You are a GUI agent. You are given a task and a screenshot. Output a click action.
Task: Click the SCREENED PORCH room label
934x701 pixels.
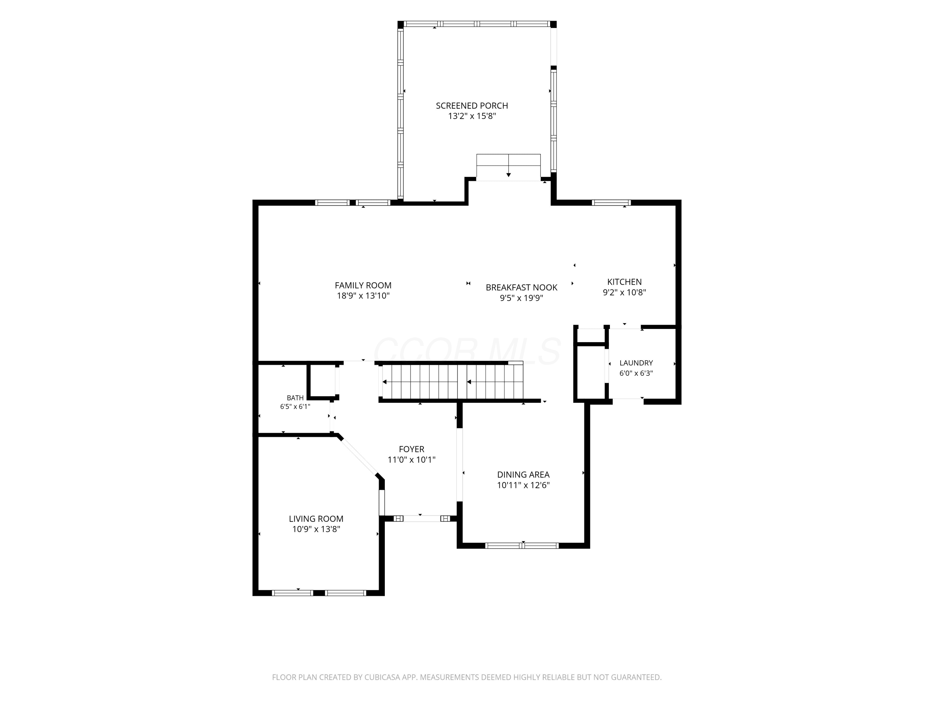tap(472, 106)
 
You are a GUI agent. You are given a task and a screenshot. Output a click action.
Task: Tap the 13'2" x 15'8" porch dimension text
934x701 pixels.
tap(472, 116)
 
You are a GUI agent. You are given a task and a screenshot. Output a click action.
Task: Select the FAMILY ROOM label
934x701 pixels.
tap(363, 286)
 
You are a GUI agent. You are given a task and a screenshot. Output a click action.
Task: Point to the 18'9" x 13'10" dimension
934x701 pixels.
tap(363, 296)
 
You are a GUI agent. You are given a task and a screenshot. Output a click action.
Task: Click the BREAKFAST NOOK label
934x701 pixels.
tap(521, 288)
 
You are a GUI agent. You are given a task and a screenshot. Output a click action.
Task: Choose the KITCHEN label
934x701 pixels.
tap(625, 282)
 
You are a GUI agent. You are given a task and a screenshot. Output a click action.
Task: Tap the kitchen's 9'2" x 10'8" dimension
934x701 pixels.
tap(625, 293)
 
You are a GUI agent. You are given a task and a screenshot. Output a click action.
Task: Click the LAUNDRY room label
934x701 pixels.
tap(636, 363)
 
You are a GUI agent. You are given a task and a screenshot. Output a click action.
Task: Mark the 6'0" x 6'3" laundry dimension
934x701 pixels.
tap(636, 374)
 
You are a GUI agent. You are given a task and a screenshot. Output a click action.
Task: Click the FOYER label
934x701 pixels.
tap(411, 449)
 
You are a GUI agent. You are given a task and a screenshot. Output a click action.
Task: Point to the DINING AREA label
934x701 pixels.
tap(523, 475)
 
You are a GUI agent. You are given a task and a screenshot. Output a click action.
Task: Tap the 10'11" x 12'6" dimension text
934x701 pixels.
tap(523, 485)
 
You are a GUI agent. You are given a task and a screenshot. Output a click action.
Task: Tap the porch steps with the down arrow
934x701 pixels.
tap(508, 167)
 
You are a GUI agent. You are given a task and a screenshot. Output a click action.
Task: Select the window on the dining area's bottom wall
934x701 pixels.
tap(522, 546)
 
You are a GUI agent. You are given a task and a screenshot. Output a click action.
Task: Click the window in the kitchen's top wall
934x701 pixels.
tap(611, 203)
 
